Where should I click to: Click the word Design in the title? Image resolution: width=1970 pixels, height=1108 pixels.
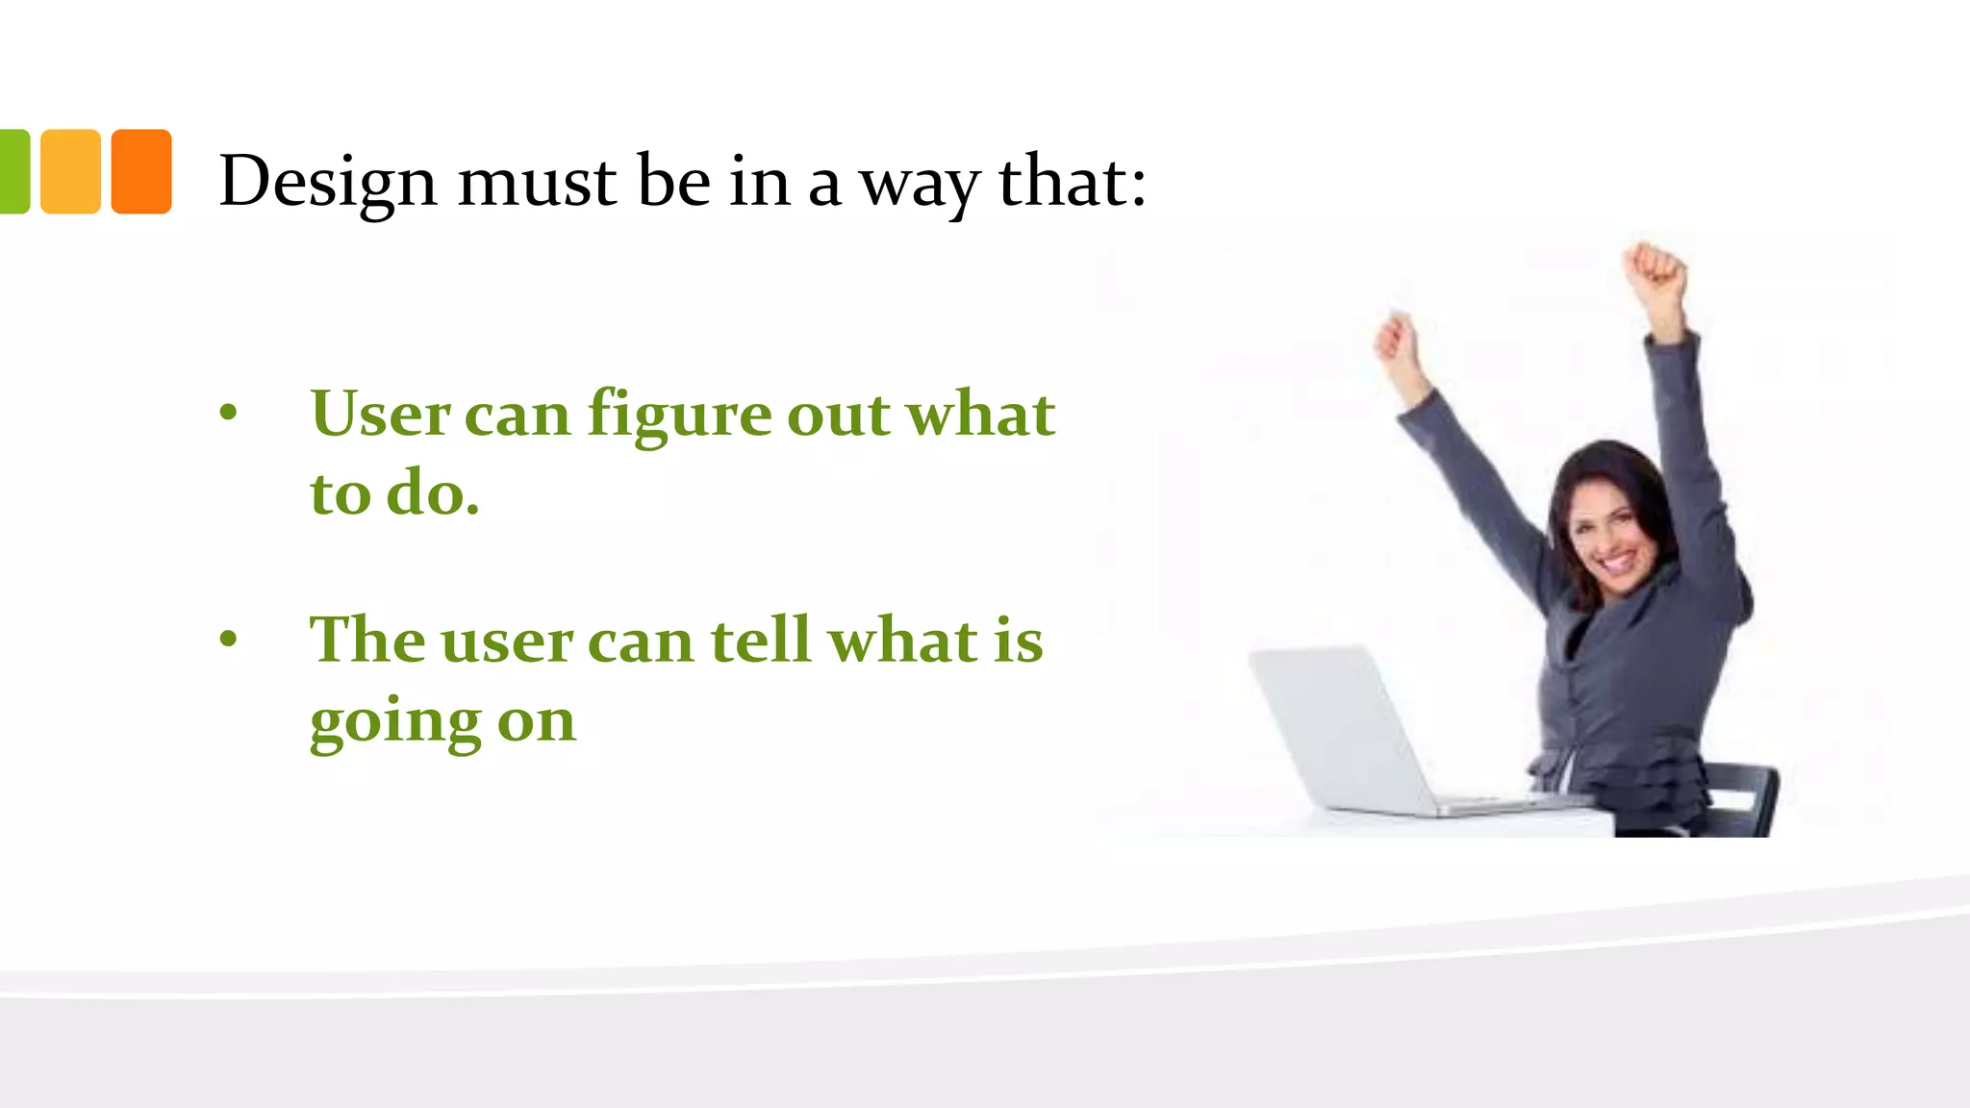click(327, 182)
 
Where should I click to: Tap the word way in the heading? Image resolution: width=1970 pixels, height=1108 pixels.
click(919, 184)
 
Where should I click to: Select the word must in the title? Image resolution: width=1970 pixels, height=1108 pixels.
click(537, 182)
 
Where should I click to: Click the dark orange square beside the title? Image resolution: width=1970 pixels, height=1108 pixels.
click(141, 171)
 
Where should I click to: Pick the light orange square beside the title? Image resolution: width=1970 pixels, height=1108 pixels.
click(70, 171)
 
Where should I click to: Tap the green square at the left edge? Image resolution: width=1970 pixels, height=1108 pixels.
click(13, 171)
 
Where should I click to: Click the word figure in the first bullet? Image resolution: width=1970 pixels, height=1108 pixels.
click(679, 416)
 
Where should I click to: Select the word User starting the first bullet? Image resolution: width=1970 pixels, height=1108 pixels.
click(380, 415)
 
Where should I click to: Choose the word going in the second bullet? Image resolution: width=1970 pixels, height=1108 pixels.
click(394, 723)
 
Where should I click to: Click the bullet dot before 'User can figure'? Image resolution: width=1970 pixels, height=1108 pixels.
click(228, 414)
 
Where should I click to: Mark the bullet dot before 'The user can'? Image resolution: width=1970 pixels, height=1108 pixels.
click(228, 639)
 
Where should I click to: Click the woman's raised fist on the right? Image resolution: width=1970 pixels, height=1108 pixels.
click(1654, 269)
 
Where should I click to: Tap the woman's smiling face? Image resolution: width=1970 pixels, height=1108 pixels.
click(1608, 534)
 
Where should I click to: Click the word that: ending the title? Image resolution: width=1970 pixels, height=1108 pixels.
click(1073, 182)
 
